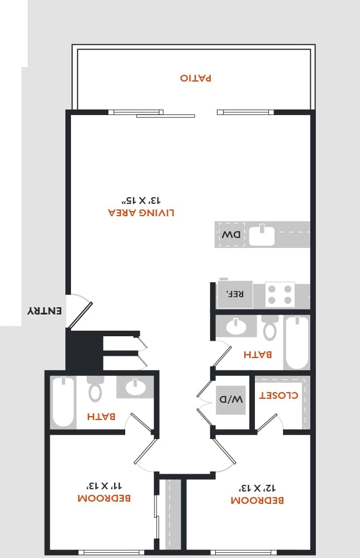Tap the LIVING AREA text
[x=141, y=213]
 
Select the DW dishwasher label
[x=230, y=235]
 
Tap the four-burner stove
[x=280, y=294]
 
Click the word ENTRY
[x=45, y=311]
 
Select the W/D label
[x=231, y=399]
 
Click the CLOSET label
[x=278, y=395]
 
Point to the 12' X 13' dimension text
[x=258, y=488]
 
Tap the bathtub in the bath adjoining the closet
[x=296, y=342]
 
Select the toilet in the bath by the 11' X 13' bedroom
[x=95, y=389]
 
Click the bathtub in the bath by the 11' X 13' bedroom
[x=63, y=401]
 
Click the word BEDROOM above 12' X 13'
[x=258, y=500]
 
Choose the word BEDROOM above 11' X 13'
[x=104, y=498]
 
